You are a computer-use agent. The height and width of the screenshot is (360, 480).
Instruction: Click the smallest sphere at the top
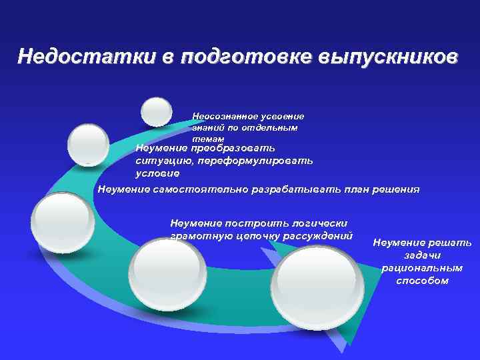pyautogui.click(x=157, y=112)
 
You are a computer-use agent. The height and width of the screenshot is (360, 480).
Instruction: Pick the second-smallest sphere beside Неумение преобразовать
pyautogui.click(x=89, y=144)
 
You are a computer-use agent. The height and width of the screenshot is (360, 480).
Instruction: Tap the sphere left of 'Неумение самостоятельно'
pyautogui.click(x=63, y=222)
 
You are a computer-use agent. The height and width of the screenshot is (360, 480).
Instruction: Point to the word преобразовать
pyautogui.click(x=232, y=148)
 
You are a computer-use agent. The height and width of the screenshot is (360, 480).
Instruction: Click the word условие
pyautogui.click(x=157, y=173)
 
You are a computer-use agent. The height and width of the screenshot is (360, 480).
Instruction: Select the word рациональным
pyautogui.click(x=422, y=268)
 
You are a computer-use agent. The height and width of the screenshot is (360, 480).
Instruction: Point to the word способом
pyautogui.click(x=422, y=281)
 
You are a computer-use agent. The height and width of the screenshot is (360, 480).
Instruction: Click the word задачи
pyautogui.click(x=422, y=255)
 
